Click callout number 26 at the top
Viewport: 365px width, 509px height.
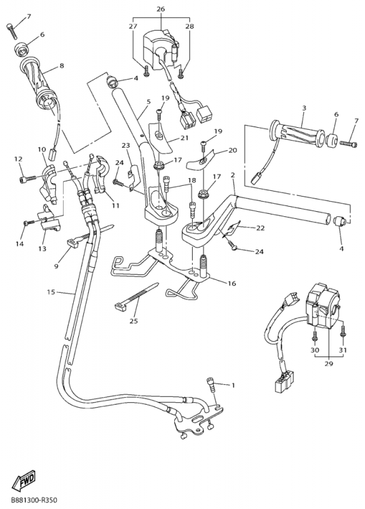tap(160, 10)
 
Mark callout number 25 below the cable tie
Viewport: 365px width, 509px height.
tap(134, 321)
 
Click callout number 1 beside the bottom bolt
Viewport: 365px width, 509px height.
tap(233, 386)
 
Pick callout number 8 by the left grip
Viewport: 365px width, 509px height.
tap(62, 65)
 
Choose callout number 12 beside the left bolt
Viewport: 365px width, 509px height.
tap(18, 159)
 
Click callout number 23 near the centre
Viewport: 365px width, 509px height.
tap(126, 145)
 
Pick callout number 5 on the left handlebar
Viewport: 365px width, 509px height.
tap(148, 102)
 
